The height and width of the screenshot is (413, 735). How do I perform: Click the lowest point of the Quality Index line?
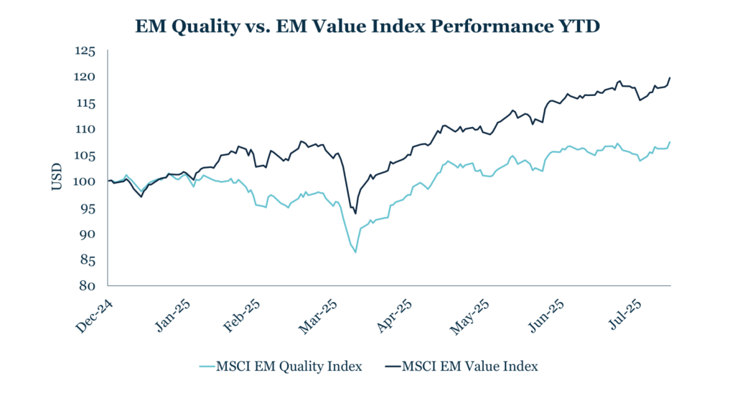coord(355,252)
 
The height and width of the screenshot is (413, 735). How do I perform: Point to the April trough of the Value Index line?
coord(355,214)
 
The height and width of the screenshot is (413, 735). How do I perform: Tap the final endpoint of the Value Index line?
coord(670,77)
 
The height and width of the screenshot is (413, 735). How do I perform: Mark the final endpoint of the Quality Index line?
coord(670,142)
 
